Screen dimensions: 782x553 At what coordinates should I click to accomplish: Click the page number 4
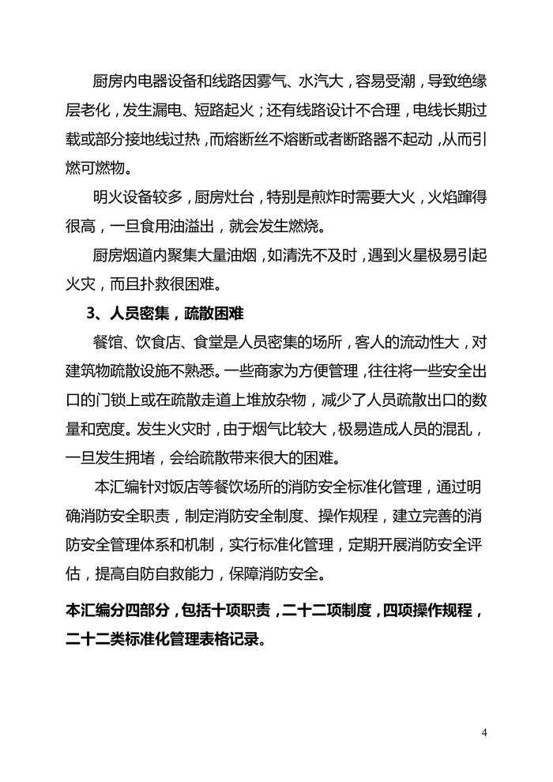[x=483, y=732]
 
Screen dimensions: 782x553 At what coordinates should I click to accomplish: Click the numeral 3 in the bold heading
[x=90, y=314]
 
